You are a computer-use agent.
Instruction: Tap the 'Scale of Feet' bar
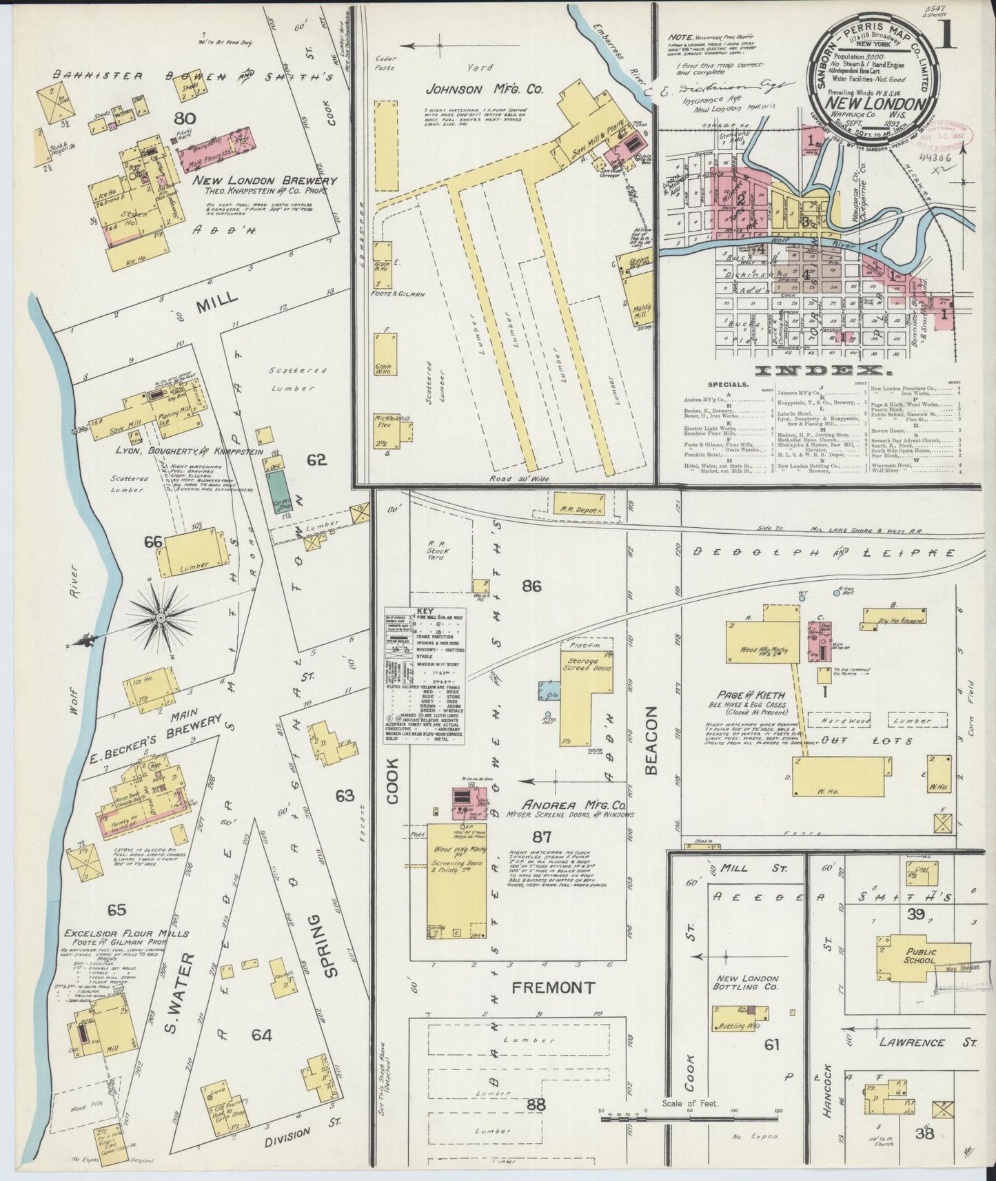click(690, 1119)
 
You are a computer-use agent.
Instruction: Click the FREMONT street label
click(553, 987)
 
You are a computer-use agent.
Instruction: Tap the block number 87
click(543, 837)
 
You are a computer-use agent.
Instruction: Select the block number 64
click(262, 1034)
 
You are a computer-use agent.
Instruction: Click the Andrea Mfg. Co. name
click(573, 804)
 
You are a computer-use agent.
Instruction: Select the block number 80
click(185, 119)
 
